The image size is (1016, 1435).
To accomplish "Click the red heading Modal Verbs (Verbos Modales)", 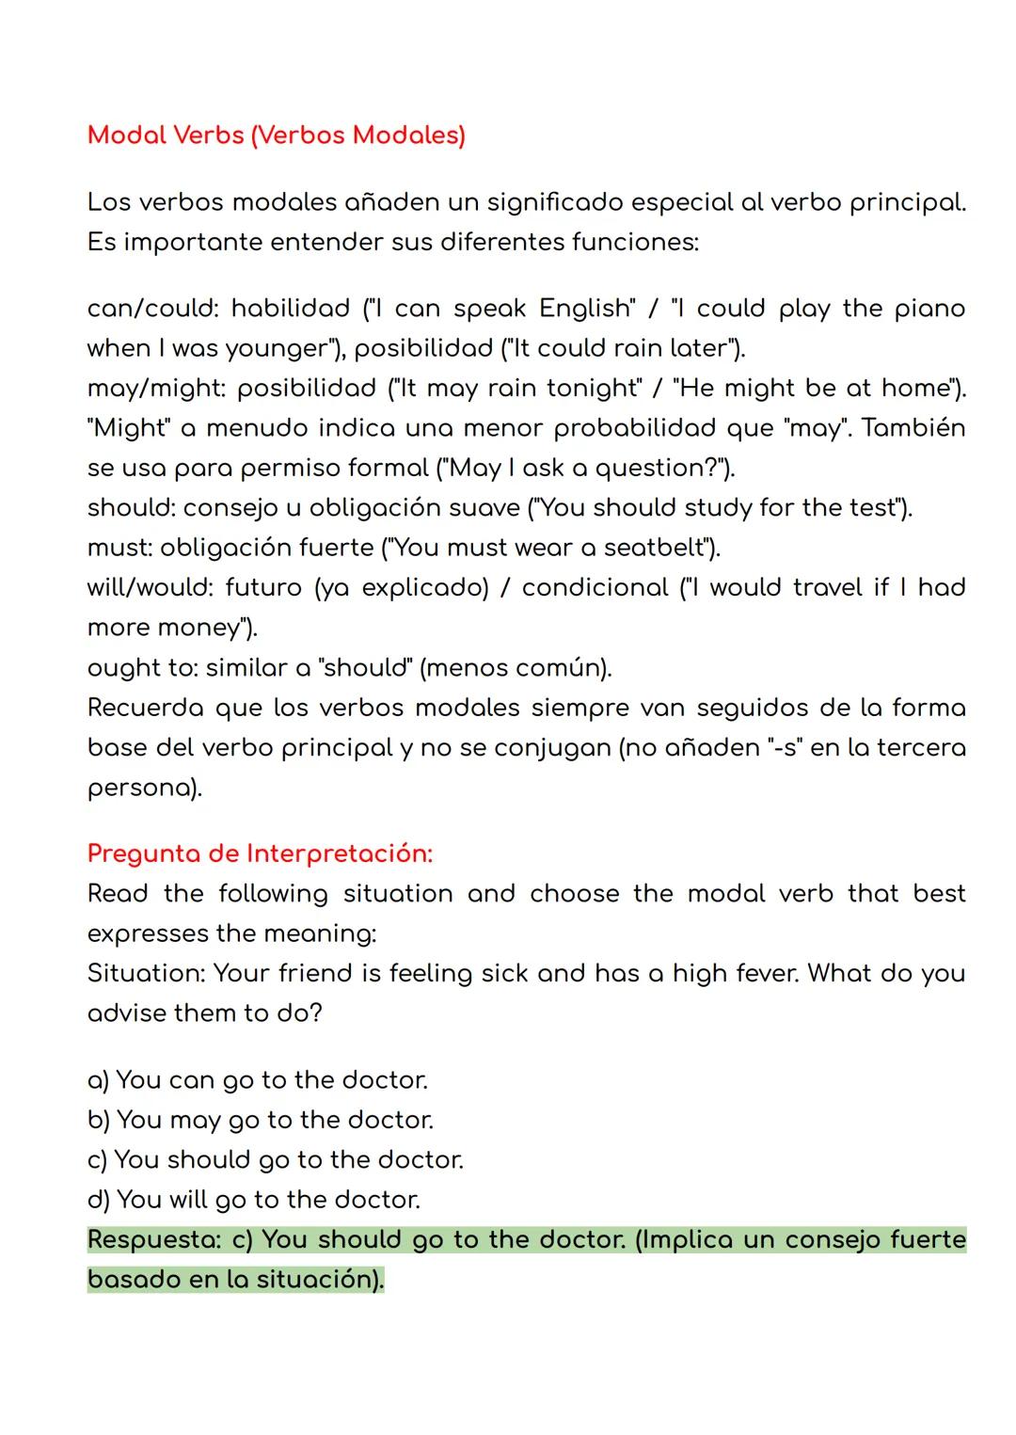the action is tap(276, 136).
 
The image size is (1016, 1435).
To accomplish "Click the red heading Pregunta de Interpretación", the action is tap(260, 853).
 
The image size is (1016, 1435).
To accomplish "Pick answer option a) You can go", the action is tap(257, 1080).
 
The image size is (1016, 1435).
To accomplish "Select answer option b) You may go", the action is tap(260, 1120).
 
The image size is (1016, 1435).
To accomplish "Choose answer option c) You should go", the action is tap(275, 1159).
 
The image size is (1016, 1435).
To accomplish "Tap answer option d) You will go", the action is tap(253, 1200).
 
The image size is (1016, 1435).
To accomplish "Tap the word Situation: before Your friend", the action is tap(145, 973).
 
